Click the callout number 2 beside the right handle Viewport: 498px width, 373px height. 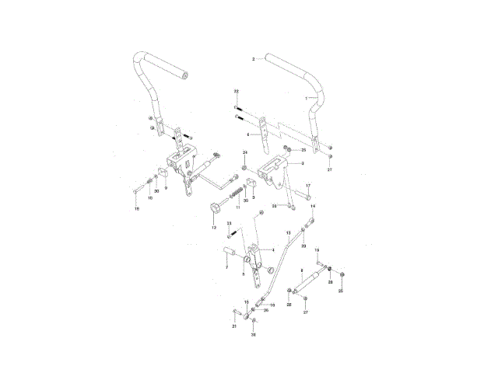254,59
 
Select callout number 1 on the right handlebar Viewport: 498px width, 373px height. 307,99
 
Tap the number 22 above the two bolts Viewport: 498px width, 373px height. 237,92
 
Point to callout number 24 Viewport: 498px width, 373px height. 244,152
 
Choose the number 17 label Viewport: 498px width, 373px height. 308,186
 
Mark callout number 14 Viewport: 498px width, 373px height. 314,207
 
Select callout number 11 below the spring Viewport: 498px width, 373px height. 237,208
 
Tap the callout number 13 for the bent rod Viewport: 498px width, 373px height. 289,232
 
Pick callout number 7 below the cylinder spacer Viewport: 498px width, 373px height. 226,267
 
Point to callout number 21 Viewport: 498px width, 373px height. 233,326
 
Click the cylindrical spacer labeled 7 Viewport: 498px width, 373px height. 230,253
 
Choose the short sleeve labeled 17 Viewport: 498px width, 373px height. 303,197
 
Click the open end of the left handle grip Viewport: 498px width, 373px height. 187,76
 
